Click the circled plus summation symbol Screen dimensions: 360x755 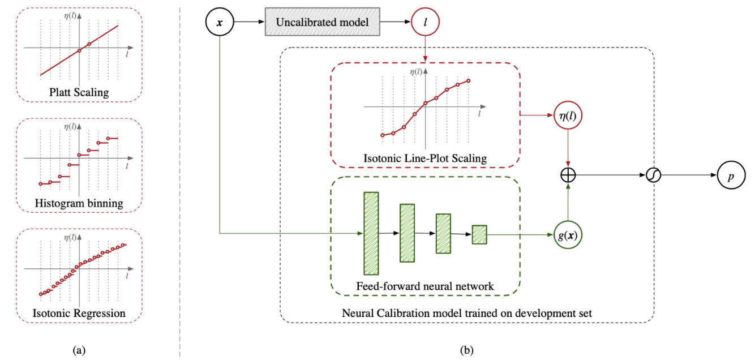click(x=568, y=175)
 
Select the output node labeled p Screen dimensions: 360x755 click(x=731, y=175)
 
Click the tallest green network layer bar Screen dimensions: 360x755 click(x=371, y=233)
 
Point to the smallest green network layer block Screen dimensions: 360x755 click(x=479, y=234)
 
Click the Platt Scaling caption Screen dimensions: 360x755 click(x=79, y=92)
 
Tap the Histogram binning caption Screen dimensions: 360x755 click(x=79, y=203)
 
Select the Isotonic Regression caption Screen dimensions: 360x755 click(x=79, y=312)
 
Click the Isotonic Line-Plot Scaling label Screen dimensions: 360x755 click(x=425, y=158)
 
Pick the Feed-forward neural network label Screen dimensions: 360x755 click(x=425, y=286)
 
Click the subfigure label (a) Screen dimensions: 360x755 click(x=79, y=350)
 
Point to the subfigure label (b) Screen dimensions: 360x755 click(x=467, y=350)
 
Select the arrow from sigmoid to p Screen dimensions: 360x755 click(x=688, y=175)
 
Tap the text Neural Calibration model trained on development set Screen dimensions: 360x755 click(x=467, y=313)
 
